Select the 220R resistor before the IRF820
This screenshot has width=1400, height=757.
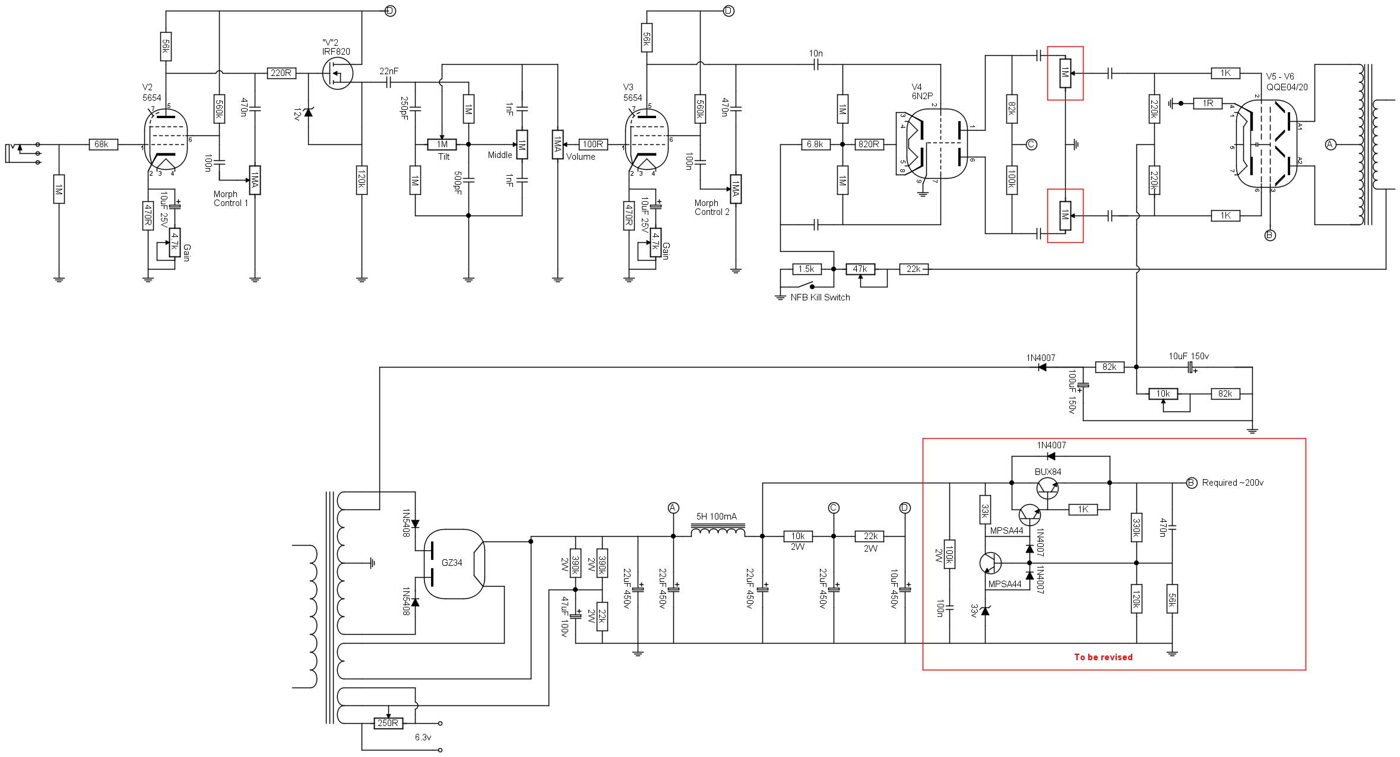281,73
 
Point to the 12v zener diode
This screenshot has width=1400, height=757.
308,111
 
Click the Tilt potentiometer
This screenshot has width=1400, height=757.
442,144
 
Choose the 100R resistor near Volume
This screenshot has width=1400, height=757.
593,144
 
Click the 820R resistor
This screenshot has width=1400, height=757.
869,144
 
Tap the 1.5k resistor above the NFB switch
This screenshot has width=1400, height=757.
806,269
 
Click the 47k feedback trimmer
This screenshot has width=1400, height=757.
860,269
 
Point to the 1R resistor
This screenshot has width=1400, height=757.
1208,103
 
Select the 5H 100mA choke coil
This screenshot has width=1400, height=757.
717,531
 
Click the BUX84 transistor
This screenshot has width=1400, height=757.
1049,488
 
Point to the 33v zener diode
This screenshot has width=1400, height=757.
985,610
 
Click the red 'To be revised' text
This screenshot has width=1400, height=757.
1103,657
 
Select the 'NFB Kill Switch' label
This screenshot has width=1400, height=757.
820,297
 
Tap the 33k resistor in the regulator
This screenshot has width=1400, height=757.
985,510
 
